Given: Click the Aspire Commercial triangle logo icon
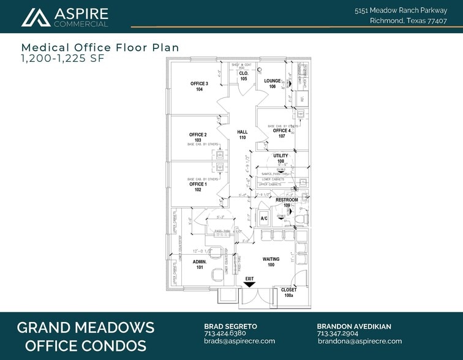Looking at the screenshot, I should pos(36,17).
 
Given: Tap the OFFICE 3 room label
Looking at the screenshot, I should pos(199,86).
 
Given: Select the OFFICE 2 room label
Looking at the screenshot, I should pos(198,137).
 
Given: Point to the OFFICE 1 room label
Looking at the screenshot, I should pos(198,187).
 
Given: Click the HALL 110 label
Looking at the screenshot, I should pos(243,135).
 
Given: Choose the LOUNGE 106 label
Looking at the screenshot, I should pos(273,83).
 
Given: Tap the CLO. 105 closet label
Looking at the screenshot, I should pos(243,76).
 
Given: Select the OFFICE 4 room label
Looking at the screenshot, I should pos(282,133).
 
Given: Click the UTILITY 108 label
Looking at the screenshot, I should pos(280,159).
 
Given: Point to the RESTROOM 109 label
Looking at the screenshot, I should pos(287,203).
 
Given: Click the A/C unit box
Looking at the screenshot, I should pos(265,219).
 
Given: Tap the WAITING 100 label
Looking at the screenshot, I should pos(271,262).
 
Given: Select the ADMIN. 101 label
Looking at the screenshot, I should pos(200,264).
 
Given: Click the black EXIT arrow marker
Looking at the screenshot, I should pos(249,283).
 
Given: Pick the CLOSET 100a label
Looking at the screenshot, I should pos(288,293).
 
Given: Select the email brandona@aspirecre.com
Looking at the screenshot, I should pos(359,341).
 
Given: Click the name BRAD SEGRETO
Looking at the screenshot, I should pos(230,326).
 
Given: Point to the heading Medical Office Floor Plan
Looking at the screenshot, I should pos(100,47).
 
